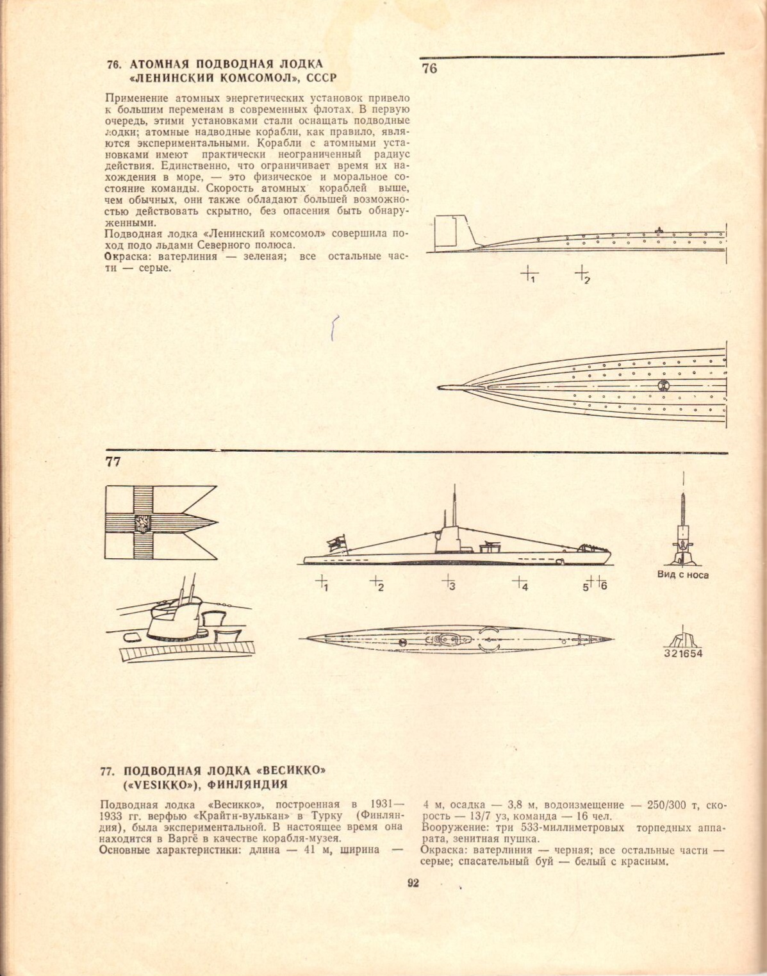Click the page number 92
[x=413, y=883]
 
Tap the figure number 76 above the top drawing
[x=429, y=68]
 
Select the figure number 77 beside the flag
[x=113, y=461]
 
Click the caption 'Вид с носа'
[x=682, y=574]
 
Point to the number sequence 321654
[x=683, y=654]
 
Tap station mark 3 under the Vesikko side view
[x=449, y=583]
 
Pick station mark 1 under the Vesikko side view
[x=322, y=583]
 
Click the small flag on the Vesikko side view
[x=336, y=542]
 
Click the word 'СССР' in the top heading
[x=322, y=78]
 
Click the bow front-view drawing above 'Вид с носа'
[x=683, y=532]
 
